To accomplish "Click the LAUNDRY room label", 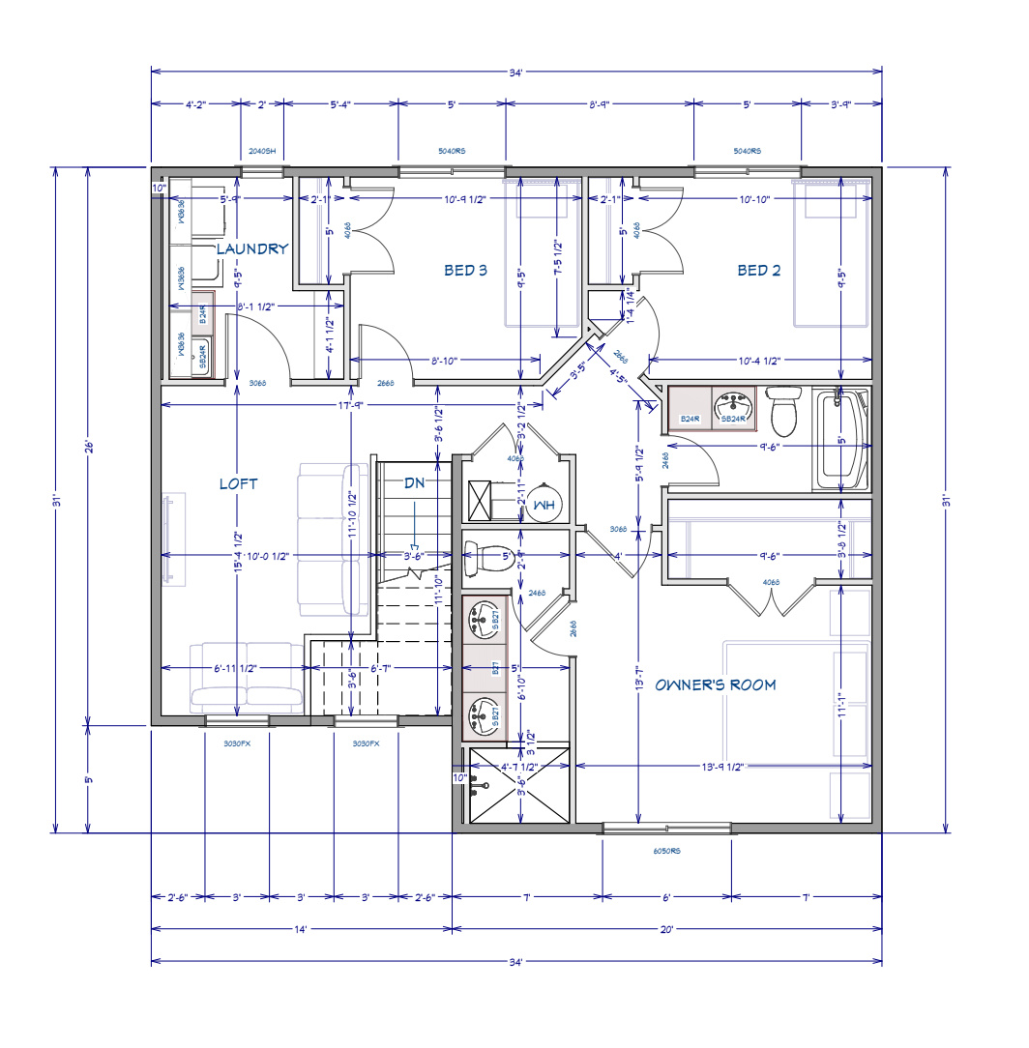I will click(x=251, y=249).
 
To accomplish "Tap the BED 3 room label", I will click(x=465, y=271).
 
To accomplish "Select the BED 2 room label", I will click(x=758, y=271).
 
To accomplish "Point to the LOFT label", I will click(x=238, y=483).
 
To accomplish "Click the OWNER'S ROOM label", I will click(x=715, y=685).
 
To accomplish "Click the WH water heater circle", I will click(x=544, y=504).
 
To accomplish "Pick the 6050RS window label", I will click(x=666, y=852).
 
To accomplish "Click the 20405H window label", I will click(x=261, y=152).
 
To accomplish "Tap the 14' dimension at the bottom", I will click(x=300, y=930).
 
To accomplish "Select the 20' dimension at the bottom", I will click(x=665, y=930).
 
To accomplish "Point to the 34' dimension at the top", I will click(x=516, y=71).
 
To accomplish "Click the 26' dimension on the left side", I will click(x=88, y=447).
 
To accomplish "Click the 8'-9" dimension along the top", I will click(x=599, y=103).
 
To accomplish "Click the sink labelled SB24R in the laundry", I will click(x=204, y=356).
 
